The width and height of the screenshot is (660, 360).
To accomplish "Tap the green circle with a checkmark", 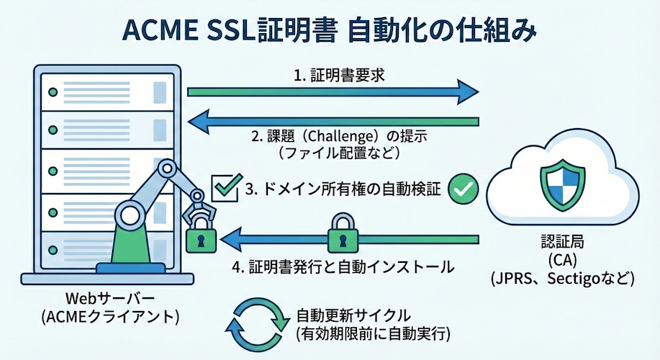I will (x=464, y=189).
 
